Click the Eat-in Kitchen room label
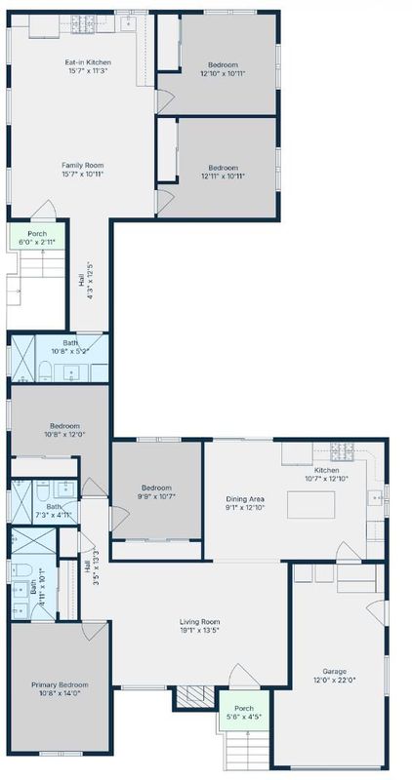[x=88, y=66]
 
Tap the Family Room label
[x=83, y=170]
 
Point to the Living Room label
[x=200, y=625]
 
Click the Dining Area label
[x=245, y=503]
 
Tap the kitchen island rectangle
[x=310, y=505]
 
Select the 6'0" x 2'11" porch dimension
[x=37, y=242]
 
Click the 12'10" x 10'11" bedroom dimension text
[x=223, y=72]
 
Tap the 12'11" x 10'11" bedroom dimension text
[x=224, y=175]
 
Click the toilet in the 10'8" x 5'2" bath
[x=45, y=371]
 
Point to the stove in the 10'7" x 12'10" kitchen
[x=343, y=451]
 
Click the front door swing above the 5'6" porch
[x=244, y=676]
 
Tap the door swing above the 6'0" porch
[x=44, y=210]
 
